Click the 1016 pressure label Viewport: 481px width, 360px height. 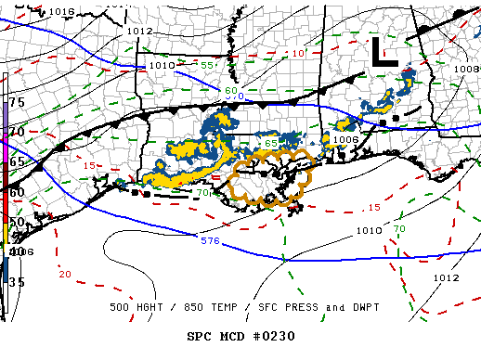62,11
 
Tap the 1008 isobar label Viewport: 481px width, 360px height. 466,69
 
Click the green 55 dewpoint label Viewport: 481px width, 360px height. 209,65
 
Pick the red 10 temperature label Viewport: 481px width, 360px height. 298,54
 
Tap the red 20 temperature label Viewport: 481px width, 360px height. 64,274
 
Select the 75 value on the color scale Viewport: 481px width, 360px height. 17,101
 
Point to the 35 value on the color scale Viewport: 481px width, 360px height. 17,280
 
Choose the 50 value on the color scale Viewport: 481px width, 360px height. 17,222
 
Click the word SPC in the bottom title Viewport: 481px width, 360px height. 201,335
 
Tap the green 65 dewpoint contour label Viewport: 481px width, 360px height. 270,143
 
